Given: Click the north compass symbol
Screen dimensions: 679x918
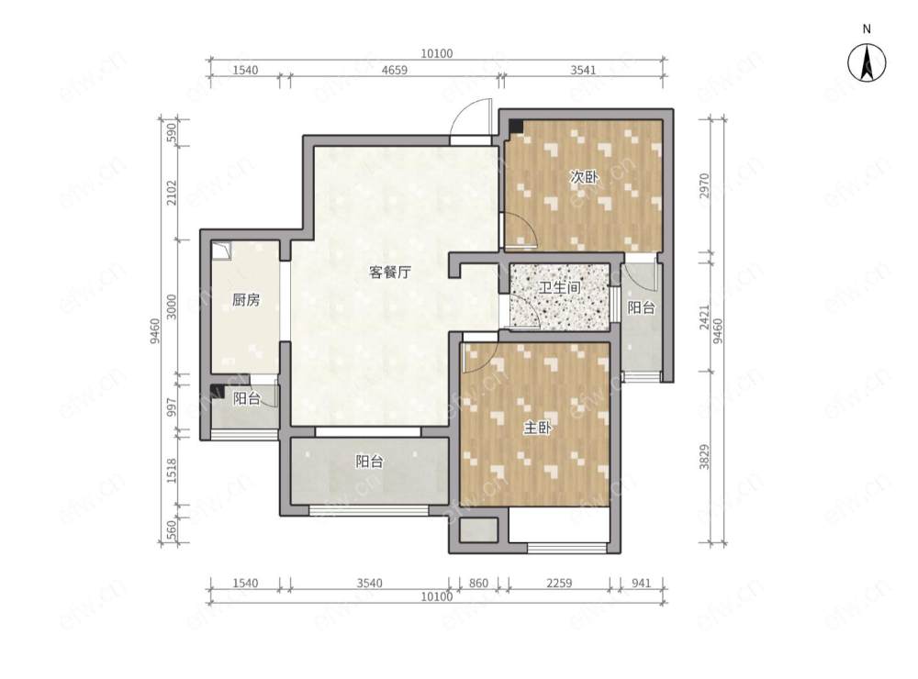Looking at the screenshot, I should pyautogui.click(x=866, y=62).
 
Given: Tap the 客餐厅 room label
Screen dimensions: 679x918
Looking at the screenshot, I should pyautogui.click(x=388, y=273).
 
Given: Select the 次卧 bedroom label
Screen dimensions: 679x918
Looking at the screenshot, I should pyautogui.click(x=584, y=178).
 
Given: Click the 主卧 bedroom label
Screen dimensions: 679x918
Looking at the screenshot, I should pyautogui.click(x=537, y=428).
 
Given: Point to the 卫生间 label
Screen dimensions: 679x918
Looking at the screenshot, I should pyautogui.click(x=559, y=288).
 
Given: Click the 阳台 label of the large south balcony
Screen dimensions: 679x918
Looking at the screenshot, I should pyautogui.click(x=369, y=462).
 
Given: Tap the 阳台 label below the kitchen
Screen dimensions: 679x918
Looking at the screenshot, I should pyautogui.click(x=245, y=398).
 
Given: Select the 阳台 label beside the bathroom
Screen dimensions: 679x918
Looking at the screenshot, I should pyautogui.click(x=641, y=309).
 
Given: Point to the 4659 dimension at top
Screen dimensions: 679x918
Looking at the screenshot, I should pyautogui.click(x=395, y=70).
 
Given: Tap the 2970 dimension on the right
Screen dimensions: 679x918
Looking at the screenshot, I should pyautogui.click(x=704, y=185).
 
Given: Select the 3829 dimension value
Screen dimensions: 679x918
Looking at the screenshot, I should pyautogui.click(x=704, y=456).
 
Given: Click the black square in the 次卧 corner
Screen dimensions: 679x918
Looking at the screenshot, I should pyautogui.click(x=516, y=126).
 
